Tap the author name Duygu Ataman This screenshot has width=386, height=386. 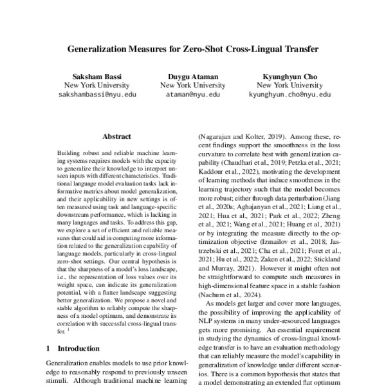pos(192,75)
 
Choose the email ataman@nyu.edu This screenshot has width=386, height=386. pos(192,94)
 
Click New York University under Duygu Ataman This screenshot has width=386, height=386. pos(192,84)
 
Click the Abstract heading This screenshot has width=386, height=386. pos(116,136)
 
